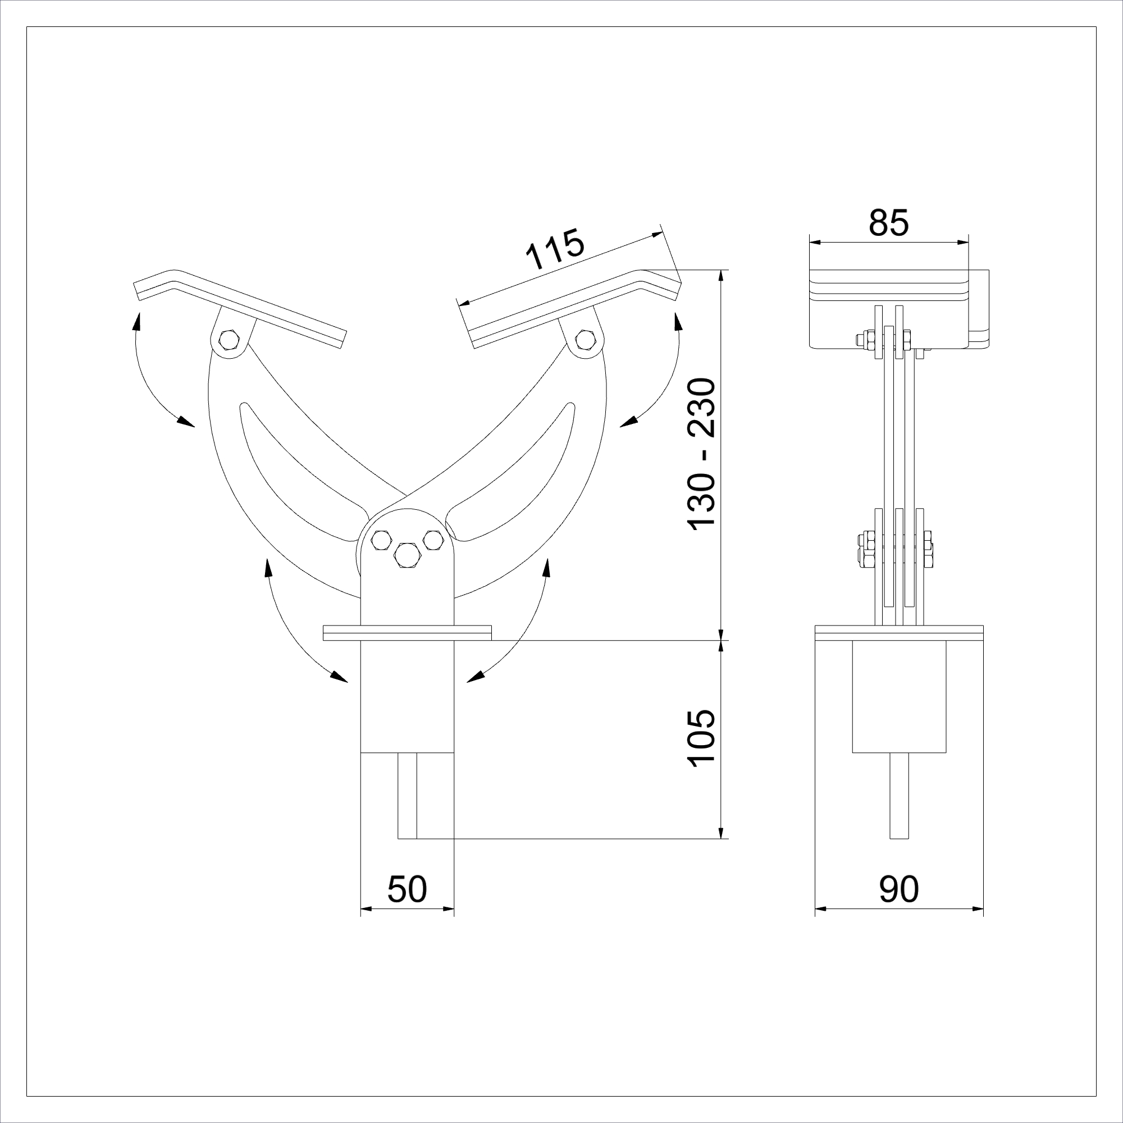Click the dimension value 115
[x=554, y=250]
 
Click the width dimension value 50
[x=407, y=889]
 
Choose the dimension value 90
[x=898, y=889]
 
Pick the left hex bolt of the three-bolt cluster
[x=381, y=540]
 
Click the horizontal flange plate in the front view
[x=407, y=632]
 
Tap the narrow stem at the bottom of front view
[x=407, y=796]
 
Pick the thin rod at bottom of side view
[x=898, y=796]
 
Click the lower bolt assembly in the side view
[x=898, y=549]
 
